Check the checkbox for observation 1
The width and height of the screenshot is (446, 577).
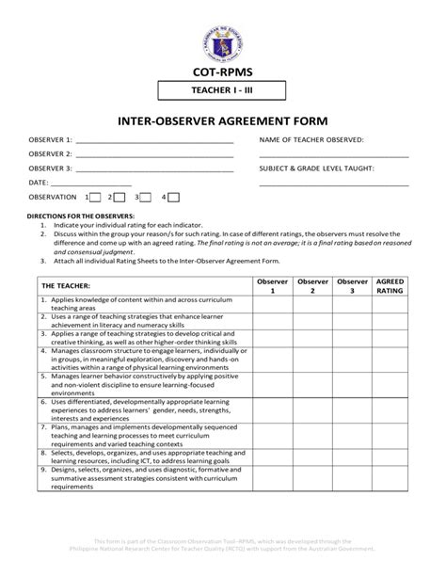pos(96,198)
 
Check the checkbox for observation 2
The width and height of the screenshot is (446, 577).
pos(120,198)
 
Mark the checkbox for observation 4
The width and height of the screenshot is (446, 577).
pos(174,198)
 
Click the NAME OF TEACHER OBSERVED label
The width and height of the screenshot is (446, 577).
pos(311,138)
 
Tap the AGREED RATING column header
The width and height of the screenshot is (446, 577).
pos(390,286)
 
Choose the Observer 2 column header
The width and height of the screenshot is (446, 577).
pos(312,286)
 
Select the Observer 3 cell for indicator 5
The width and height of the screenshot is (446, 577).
pos(352,384)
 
